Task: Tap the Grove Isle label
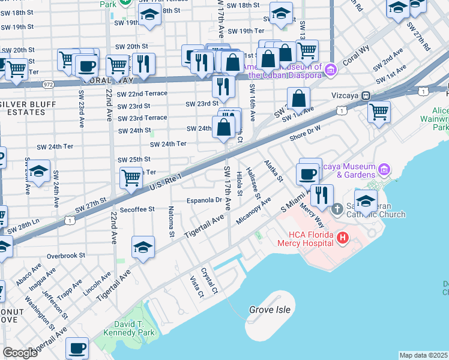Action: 270,310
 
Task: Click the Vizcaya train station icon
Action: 364,95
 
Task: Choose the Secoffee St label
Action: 137,209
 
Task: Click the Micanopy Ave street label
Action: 253,210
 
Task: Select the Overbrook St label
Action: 66,255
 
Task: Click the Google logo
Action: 20,353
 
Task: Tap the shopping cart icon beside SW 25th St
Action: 131,177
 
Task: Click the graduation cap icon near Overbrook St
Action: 143,247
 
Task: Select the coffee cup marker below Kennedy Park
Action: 77,347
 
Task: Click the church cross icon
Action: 337,209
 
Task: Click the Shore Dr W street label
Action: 306,131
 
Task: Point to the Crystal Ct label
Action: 209,280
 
